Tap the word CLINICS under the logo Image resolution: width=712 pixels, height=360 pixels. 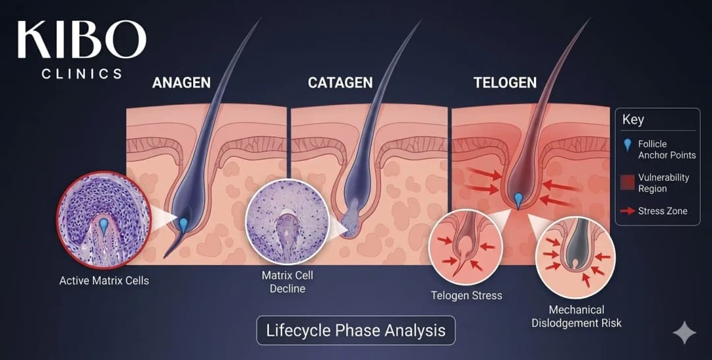(x=82, y=74)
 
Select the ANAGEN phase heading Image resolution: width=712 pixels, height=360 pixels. (x=181, y=83)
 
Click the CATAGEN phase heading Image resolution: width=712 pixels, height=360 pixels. (x=340, y=83)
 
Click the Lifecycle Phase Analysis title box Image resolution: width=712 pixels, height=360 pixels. (x=356, y=330)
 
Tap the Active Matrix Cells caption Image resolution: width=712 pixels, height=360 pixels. (x=104, y=281)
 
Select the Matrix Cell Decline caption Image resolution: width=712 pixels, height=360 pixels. (x=287, y=282)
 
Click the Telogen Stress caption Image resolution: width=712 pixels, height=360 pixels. (x=466, y=295)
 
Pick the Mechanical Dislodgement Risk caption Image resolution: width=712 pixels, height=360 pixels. (x=576, y=316)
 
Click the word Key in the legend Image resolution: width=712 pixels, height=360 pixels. (x=633, y=120)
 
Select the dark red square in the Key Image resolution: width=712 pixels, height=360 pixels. (x=628, y=183)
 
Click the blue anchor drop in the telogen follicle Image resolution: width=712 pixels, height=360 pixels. (x=519, y=199)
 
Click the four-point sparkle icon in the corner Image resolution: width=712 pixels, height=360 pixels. (x=684, y=333)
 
